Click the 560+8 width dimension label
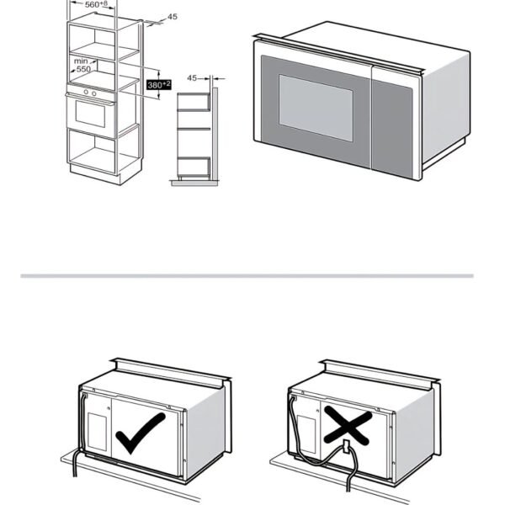(x=96, y=4)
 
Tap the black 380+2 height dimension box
(x=159, y=85)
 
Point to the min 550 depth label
(x=82, y=65)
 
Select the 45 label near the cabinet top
(x=173, y=17)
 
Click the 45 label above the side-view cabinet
(x=192, y=78)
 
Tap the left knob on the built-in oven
(x=86, y=92)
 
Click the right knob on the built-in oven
(x=93, y=93)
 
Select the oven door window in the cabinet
(x=90, y=114)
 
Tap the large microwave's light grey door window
(x=316, y=108)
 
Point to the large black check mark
(x=141, y=433)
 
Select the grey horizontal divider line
(x=247, y=276)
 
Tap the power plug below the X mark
(x=347, y=446)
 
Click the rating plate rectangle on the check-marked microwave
(x=97, y=432)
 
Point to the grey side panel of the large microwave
(x=446, y=108)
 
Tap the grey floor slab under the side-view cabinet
(x=194, y=183)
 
